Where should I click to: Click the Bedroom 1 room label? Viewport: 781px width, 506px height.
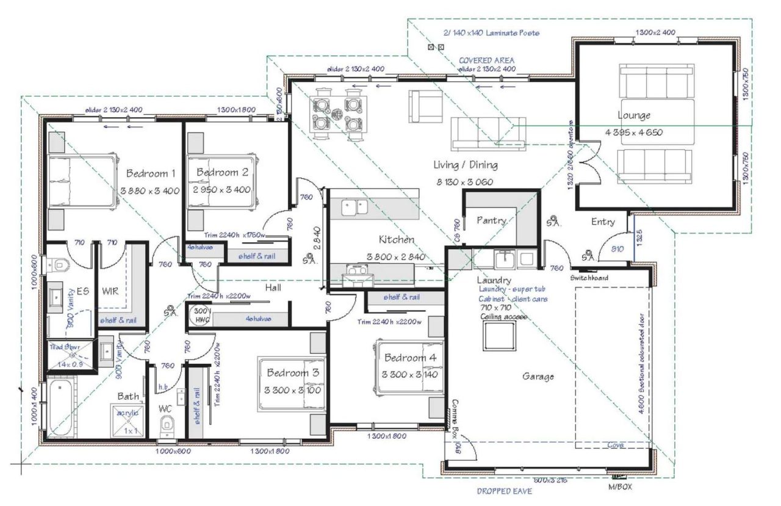click(x=150, y=173)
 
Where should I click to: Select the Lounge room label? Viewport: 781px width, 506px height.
click(x=634, y=115)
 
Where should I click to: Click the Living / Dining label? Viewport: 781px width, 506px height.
click(x=465, y=165)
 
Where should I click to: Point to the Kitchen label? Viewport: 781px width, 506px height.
click(x=396, y=239)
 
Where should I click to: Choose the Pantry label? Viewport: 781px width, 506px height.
click(x=491, y=220)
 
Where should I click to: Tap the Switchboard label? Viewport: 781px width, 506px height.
click(x=590, y=278)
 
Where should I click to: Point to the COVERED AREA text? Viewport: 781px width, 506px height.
click(x=486, y=60)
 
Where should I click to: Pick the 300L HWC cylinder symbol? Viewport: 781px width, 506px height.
click(x=201, y=317)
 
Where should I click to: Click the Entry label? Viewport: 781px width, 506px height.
click(x=603, y=222)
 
